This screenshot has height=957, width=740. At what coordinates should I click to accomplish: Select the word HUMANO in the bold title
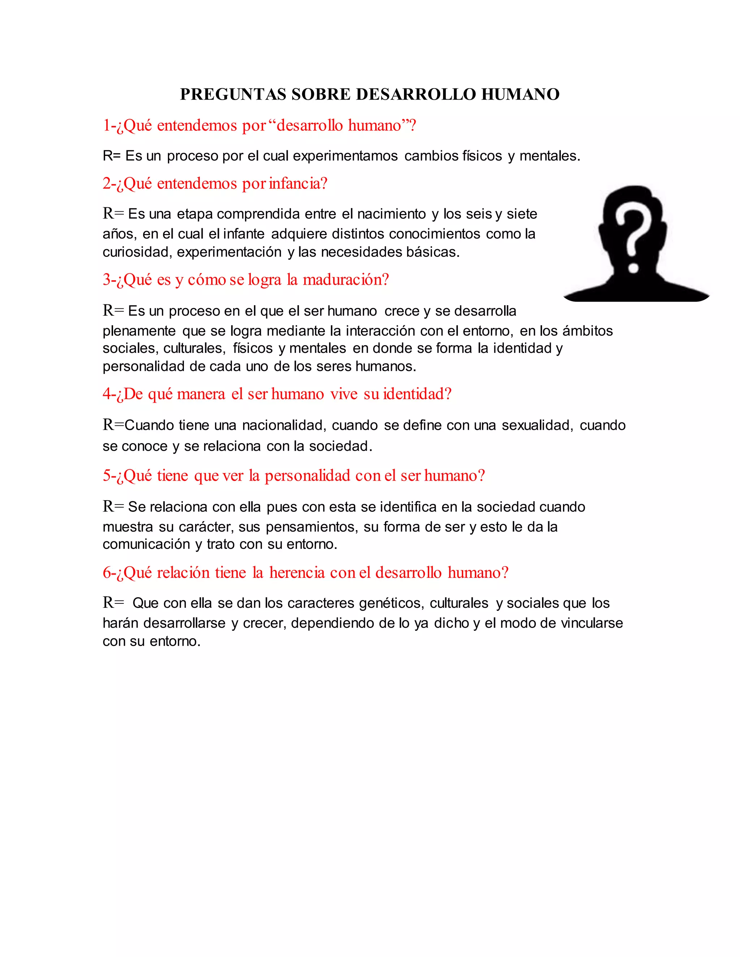coord(520,95)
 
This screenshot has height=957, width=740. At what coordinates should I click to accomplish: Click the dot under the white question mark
coord(633,267)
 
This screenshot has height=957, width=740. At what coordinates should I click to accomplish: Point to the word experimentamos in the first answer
coord(345,156)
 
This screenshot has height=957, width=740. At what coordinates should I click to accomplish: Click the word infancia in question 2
coord(295,183)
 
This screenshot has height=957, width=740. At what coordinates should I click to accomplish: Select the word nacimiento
coord(391,214)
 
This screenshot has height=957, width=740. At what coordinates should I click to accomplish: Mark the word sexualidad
coord(537,425)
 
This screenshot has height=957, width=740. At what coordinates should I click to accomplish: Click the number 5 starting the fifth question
coord(107,476)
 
